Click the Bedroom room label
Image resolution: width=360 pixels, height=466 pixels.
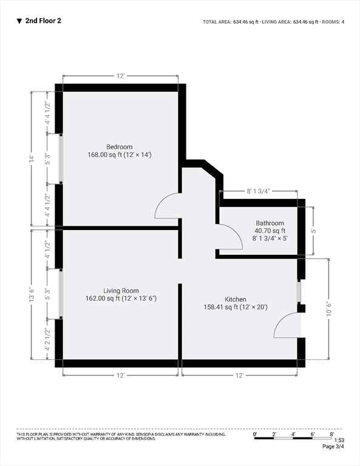point(119,147)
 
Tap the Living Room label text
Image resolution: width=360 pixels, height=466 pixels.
point(121,291)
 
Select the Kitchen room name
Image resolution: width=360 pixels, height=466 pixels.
point(236,299)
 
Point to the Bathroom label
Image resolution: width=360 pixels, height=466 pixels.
point(270,223)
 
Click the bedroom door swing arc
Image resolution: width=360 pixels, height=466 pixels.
point(161,201)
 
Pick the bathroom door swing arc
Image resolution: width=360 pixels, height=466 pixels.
point(237,232)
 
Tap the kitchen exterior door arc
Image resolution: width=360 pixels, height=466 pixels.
point(279,320)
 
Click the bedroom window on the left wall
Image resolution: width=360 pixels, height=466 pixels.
point(61,158)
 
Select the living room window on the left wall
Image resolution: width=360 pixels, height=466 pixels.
point(61,294)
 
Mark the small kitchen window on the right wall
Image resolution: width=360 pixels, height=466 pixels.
point(300,291)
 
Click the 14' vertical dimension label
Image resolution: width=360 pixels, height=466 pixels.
point(32,158)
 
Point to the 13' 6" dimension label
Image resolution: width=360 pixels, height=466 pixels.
point(32,294)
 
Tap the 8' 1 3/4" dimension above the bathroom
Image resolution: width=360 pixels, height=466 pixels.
point(258,191)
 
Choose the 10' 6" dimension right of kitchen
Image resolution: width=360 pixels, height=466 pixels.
point(329,309)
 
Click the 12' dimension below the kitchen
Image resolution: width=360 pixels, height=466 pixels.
point(239,376)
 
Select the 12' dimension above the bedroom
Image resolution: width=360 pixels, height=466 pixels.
point(120,76)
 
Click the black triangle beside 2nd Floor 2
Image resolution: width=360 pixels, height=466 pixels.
point(19,21)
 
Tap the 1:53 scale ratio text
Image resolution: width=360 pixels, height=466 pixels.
point(339,440)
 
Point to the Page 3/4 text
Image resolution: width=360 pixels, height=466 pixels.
point(333,447)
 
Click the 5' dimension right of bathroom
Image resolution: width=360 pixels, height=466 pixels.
point(313,231)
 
